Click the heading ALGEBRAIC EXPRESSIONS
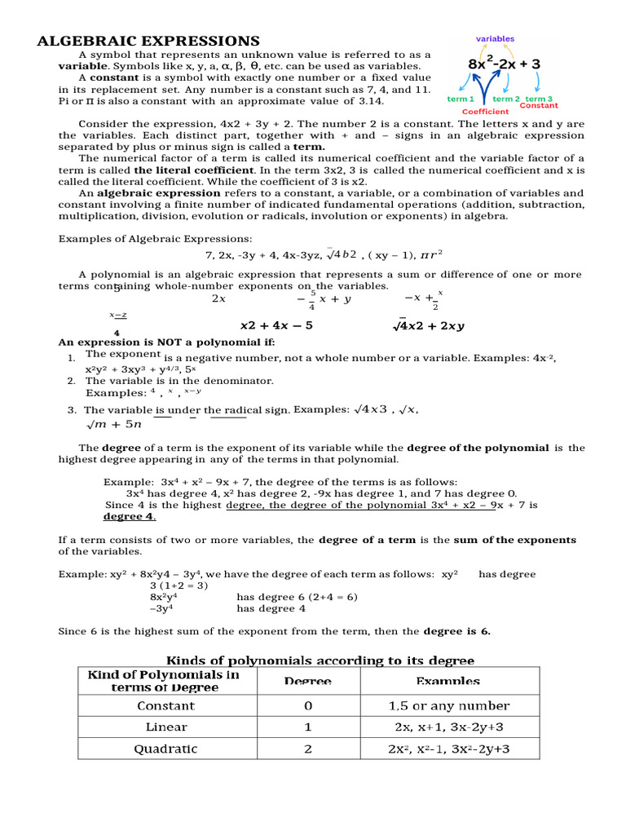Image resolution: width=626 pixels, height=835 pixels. (x=149, y=41)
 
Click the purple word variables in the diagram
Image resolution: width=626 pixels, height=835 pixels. (x=495, y=39)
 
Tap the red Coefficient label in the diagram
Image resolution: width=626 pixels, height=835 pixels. (x=485, y=112)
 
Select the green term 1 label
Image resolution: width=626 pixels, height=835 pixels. (x=461, y=99)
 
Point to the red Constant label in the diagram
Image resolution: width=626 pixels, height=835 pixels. (x=539, y=106)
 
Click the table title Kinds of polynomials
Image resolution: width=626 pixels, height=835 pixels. (x=320, y=660)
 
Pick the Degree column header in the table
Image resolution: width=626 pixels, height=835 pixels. (x=308, y=681)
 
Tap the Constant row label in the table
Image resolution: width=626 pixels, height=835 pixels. (x=165, y=705)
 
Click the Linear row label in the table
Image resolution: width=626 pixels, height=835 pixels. (x=166, y=727)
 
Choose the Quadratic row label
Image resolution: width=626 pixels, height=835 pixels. (x=165, y=749)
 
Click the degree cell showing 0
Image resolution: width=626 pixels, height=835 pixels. (x=308, y=705)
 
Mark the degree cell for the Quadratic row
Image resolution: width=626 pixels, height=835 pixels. (x=308, y=749)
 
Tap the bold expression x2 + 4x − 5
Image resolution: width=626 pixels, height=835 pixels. (x=276, y=325)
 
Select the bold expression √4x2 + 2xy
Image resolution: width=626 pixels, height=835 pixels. (x=429, y=325)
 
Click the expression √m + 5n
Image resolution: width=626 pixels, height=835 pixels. (x=113, y=424)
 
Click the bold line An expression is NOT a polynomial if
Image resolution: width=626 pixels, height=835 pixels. (x=166, y=342)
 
